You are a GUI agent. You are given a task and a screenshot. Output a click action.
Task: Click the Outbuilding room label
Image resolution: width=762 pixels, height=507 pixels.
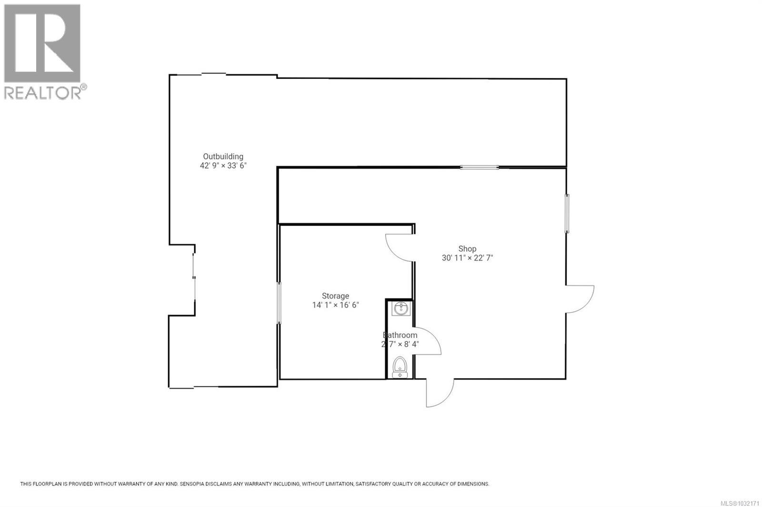point(223,156)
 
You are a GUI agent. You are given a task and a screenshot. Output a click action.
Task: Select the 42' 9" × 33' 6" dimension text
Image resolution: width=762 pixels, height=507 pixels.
point(223,166)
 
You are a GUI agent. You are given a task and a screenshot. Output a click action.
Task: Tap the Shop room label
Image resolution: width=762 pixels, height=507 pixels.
point(467,248)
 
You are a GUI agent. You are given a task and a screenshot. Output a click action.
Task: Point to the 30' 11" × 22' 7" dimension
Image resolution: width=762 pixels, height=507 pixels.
point(467,258)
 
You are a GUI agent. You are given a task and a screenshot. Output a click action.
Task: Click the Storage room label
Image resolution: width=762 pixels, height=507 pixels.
point(335,296)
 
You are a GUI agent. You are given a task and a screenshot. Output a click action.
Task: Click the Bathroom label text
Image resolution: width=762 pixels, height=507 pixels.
point(400,335)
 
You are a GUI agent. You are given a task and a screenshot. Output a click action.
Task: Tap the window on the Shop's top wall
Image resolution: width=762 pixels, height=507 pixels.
point(479,167)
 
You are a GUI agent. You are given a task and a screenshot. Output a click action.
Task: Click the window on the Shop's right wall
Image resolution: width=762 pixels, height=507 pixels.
point(567,213)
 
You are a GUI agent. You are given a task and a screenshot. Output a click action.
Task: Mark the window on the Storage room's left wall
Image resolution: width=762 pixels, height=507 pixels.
point(279,303)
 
